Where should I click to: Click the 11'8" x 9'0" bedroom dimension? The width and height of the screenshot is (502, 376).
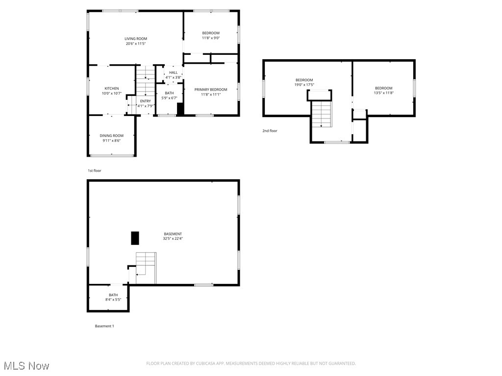click(x=211, y=38)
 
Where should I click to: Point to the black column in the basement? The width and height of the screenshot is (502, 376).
click(x=135, y=238)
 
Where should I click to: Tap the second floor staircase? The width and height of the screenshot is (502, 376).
click(x=322, y=114)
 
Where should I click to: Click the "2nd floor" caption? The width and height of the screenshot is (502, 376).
click(x=270, y=131)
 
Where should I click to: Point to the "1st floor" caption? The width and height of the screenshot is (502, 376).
click(x=95, y=170)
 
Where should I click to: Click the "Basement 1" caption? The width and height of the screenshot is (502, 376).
click(x=104, y=326)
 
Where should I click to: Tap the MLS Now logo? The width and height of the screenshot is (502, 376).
click(x=26, y=366)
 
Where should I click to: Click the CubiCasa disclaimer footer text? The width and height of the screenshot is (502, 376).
click(x=251, y=363)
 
